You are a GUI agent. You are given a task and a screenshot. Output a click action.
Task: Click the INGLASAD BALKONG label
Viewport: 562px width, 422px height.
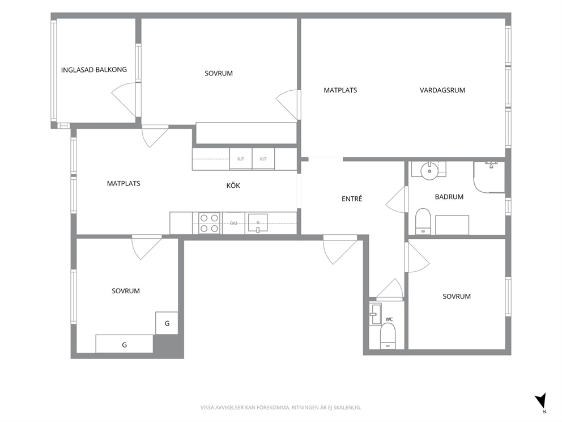pos(94,70)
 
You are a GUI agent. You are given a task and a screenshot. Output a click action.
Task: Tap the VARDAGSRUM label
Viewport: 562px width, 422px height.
pos(442,90)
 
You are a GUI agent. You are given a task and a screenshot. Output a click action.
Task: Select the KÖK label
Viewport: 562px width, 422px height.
pos(233,185)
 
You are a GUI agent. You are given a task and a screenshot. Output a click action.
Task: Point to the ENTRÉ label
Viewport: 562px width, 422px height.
pos(352,199)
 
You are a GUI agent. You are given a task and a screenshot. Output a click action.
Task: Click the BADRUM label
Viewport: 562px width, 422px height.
pos(449,197)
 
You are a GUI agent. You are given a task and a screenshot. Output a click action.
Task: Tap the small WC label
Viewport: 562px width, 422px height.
pos(389,319)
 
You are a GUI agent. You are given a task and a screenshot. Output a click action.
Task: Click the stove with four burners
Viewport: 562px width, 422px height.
pos(209,223)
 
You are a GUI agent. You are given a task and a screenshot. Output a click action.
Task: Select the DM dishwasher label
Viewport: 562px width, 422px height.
pos(233,223)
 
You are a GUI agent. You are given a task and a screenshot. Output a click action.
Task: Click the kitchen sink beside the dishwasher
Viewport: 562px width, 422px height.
pos(257,223)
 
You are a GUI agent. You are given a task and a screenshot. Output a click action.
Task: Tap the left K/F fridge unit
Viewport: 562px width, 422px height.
pos(241,159)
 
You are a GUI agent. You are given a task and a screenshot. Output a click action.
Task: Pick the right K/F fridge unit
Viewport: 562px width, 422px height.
pos(263,159)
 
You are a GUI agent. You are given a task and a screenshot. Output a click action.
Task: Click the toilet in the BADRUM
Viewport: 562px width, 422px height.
pos(423,221)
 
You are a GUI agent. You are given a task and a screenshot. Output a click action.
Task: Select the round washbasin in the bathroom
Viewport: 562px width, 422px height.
pos(429,171)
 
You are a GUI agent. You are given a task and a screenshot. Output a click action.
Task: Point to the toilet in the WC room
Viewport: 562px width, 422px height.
pos(388,336)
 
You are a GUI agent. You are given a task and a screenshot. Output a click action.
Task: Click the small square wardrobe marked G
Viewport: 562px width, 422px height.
pos(167,323)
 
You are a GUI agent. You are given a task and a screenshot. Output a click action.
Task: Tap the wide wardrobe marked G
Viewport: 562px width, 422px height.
pos(125,344)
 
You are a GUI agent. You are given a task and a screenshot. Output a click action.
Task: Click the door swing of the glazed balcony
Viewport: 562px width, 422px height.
pos(124,99)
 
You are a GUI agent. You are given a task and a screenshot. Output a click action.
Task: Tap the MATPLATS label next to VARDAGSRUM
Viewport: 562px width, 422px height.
pos(340,90)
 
